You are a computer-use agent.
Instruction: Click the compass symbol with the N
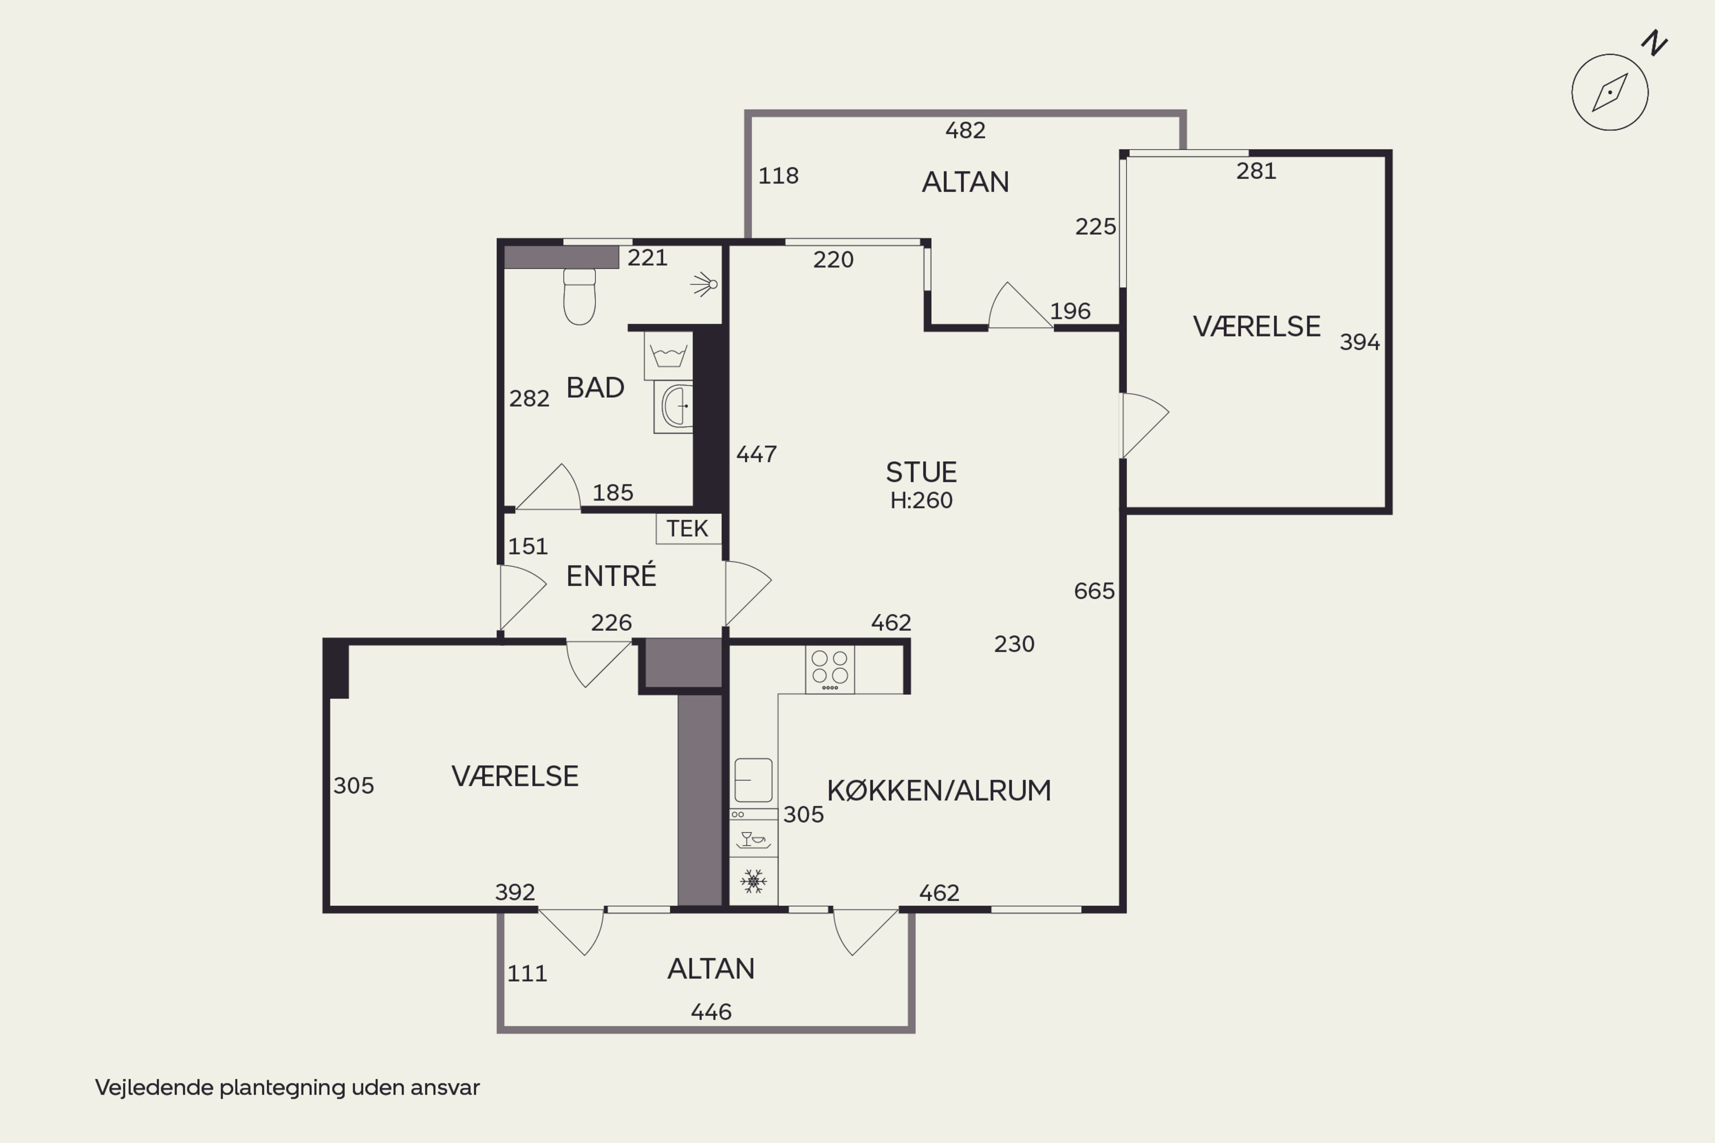click(x=1610, y=93)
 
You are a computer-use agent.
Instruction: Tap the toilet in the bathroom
click(x=580, y=297)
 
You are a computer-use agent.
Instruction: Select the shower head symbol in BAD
click(x=704, y=284)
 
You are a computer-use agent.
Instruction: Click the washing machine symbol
click(x=668, y=355)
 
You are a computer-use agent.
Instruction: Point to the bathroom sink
click(x=675, y=406)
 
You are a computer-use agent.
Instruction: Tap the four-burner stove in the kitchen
click(x=830, y=670)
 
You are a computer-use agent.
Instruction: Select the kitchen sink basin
click(x=753, y=780)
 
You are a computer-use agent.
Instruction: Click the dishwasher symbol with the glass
click(x=753, y=839)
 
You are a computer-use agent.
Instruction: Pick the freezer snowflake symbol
click(x=753, y=881)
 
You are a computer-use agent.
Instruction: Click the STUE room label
click(x=921, y=473)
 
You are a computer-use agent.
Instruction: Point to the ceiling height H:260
click(x=921, y=501)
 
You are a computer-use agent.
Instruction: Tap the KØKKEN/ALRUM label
click(x=939, y=791)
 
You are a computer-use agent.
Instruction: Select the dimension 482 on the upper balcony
click(x=966, y=130)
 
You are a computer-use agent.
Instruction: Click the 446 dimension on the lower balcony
click(x=711, y=1012)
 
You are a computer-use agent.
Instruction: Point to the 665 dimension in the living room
click(x=1094, y=591)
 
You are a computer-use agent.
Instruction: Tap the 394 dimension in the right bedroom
click(x=1360, y=342)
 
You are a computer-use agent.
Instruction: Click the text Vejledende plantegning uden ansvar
click(x=288, y=1088)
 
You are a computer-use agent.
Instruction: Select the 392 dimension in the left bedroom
click(x=515, y=892)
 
